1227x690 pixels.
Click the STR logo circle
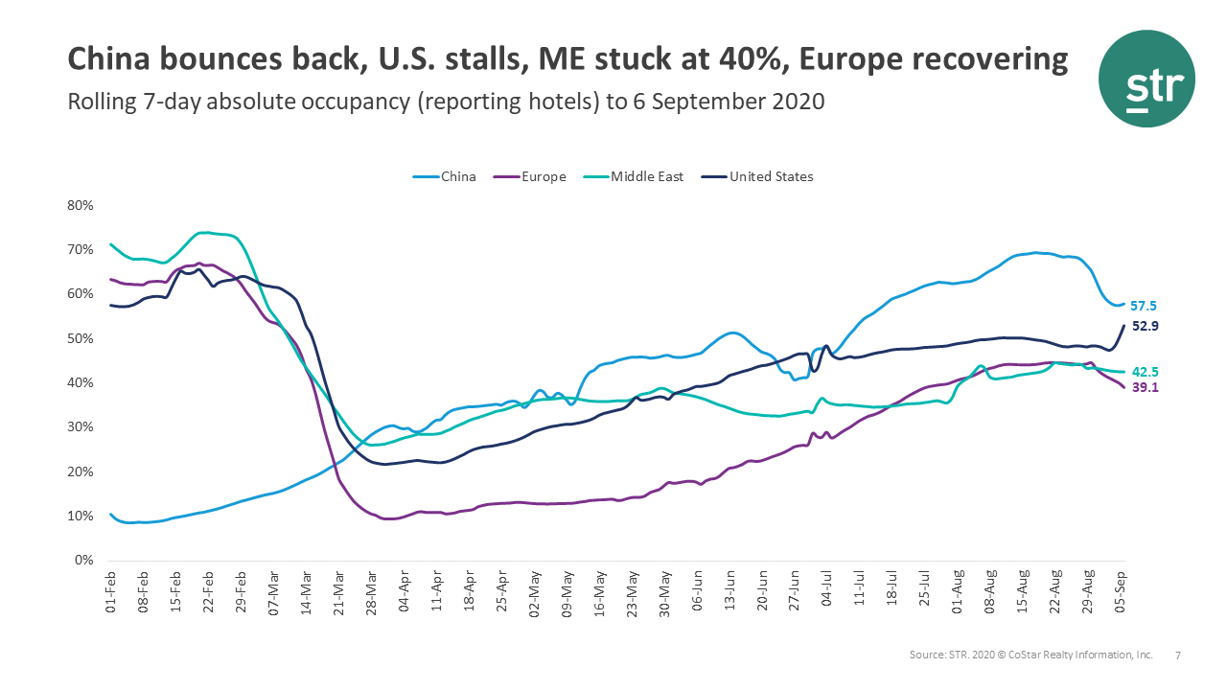click(x=1147, y=79)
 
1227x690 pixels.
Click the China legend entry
click(x=451, y=176)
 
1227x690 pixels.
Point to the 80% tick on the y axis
click(x=80, y=205)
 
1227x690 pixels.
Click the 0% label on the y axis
click(x=83, y=561)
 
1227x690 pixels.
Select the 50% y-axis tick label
click(x=80, y=338)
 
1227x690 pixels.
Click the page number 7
click(x=1178, y=655)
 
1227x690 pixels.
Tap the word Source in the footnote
click(x=928, y=655)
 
